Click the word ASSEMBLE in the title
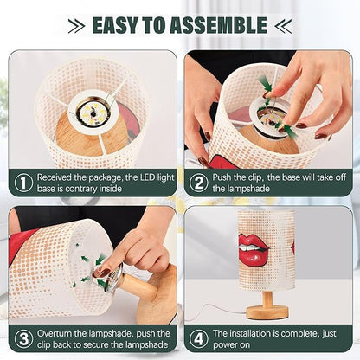(x=218, y=25)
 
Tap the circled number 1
(x=23, y=183)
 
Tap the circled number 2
(x=198, y=183)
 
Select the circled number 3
(x=23, y=339)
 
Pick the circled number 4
(x=198, y=339)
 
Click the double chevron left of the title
(x=77, y=26)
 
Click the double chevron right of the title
(x=283, y=26)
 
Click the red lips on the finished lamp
(x=253, y=249)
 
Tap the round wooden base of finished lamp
(x=267, y=312)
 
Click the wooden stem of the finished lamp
(x=267, y=299)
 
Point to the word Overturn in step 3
(x=55, y=334)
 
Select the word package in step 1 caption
(x=106, y=177)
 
